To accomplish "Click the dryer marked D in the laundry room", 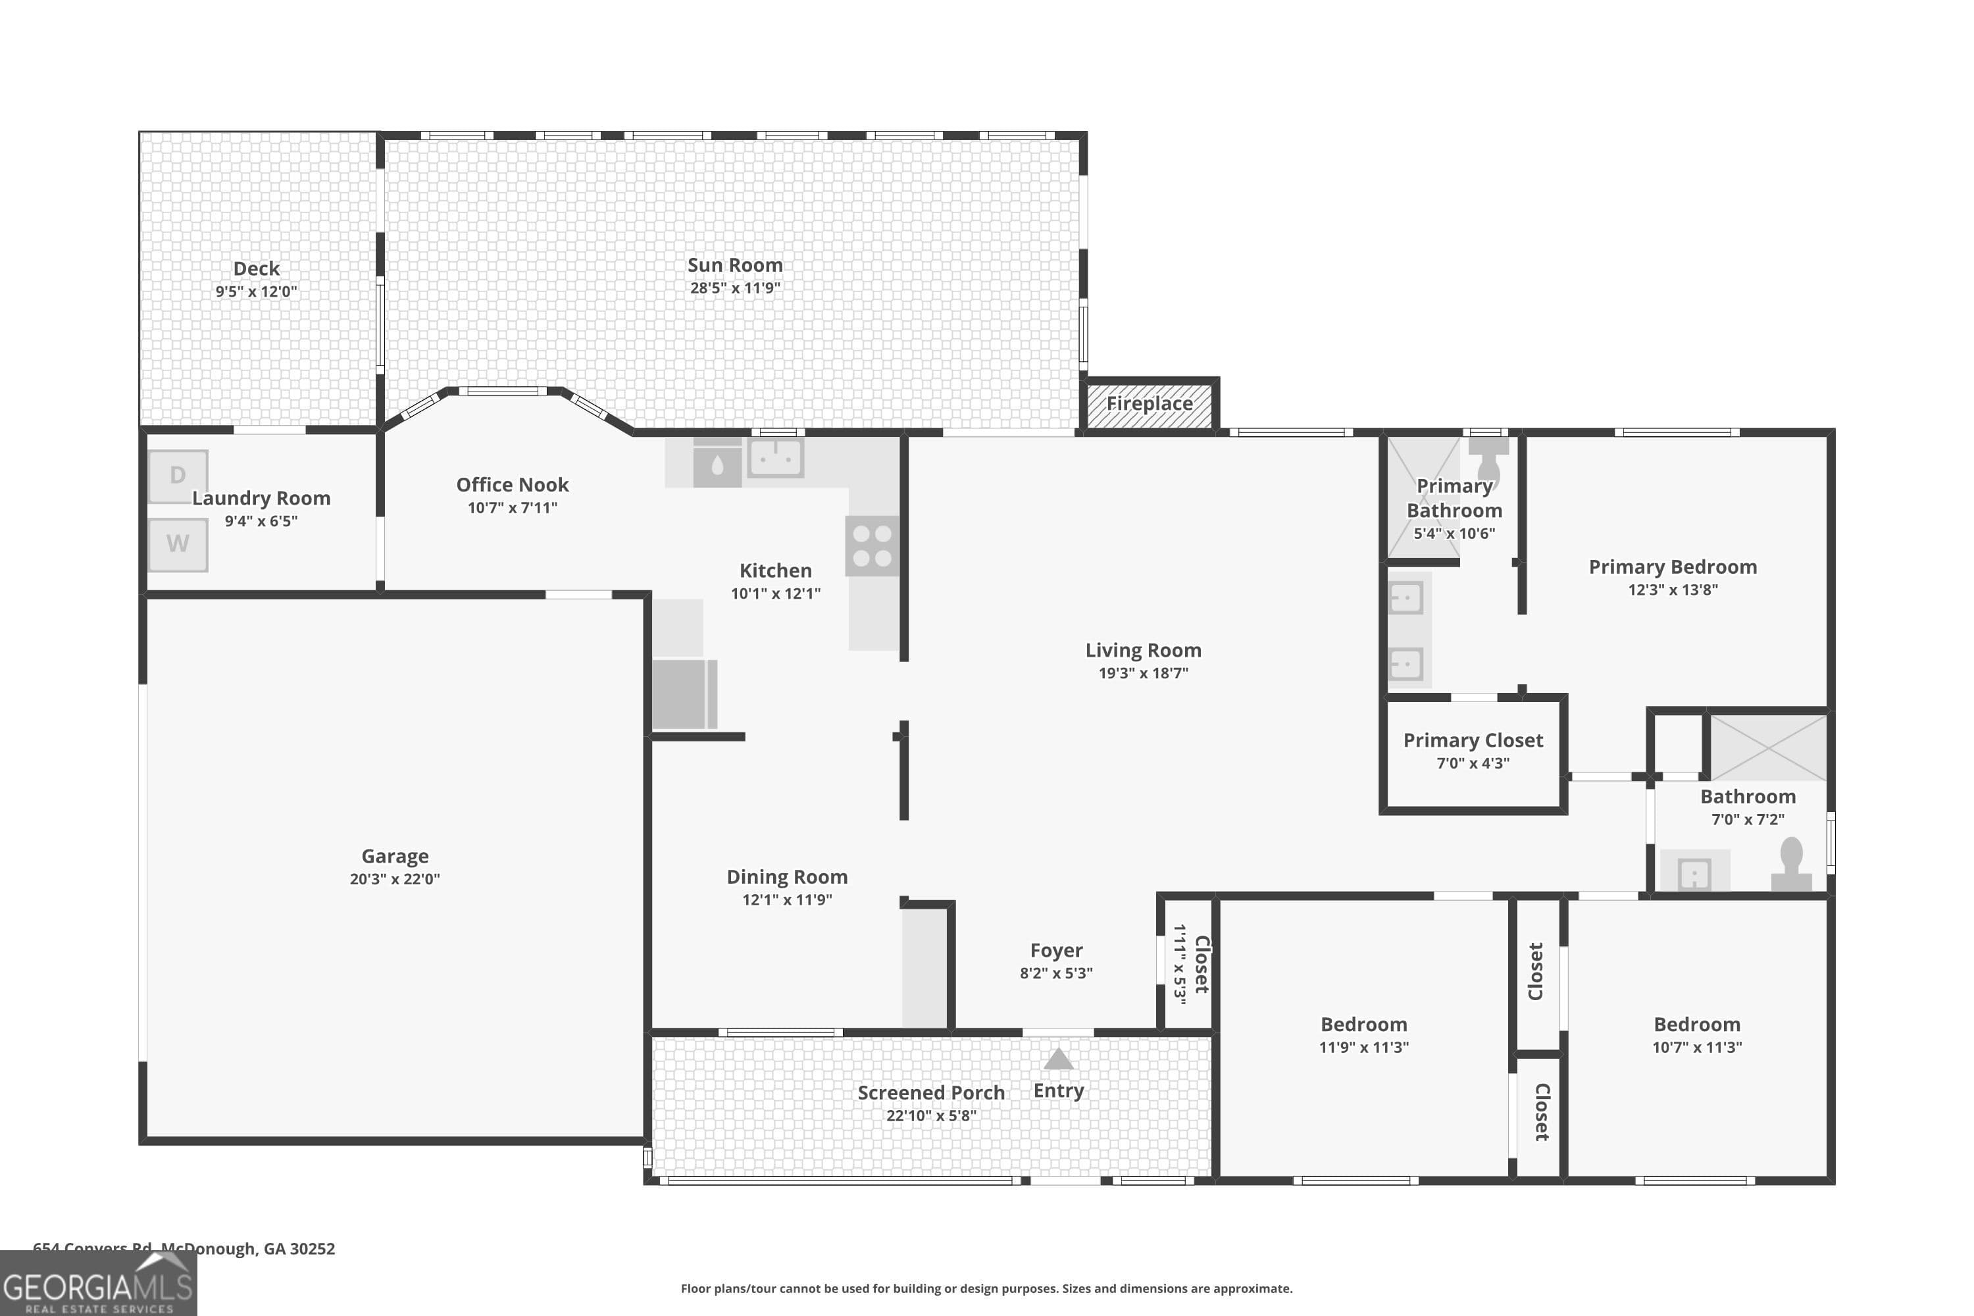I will tap(178, 476).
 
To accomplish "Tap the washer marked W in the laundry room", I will tap(178, 545).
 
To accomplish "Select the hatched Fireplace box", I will tap(1149, 405).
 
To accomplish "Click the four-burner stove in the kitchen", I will tap(872, 545).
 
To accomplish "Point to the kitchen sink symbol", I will tap(776, 458).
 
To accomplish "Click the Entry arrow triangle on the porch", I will tap(1058, 1059).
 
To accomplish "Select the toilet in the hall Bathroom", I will tap(1791, 863).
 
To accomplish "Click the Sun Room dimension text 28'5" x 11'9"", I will tap(735, 288).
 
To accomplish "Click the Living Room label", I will tap(1143, 651).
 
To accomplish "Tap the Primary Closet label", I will tap(1473, 740).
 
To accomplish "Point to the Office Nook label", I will tap(512, 485).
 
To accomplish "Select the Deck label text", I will tap(256, 268).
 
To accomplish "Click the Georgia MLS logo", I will tap(98, 1285).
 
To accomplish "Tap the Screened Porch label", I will tap(931, 1093).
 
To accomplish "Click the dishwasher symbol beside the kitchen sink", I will tap(717, 464).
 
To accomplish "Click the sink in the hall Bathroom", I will tap(1694, 874).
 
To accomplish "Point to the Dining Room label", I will tap(786, 877).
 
